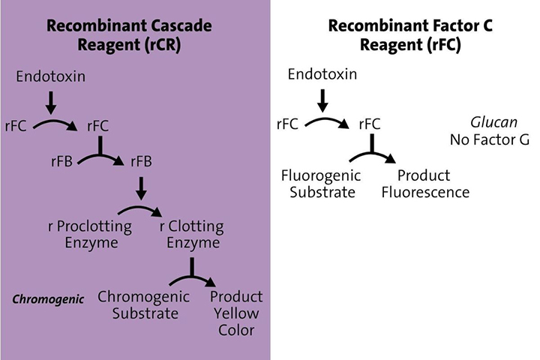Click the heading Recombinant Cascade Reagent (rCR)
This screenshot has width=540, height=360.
coord(129,34)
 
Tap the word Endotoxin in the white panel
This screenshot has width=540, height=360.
coord(321,75)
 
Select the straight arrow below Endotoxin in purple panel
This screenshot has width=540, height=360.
coord(50,102)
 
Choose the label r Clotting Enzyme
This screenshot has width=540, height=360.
coord(191,234)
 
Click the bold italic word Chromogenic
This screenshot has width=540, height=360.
coord(42,299)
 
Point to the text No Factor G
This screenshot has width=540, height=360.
coord(489,139)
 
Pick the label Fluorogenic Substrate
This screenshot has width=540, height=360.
coord(321,184)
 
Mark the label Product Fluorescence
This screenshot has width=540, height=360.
coord(424,184)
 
